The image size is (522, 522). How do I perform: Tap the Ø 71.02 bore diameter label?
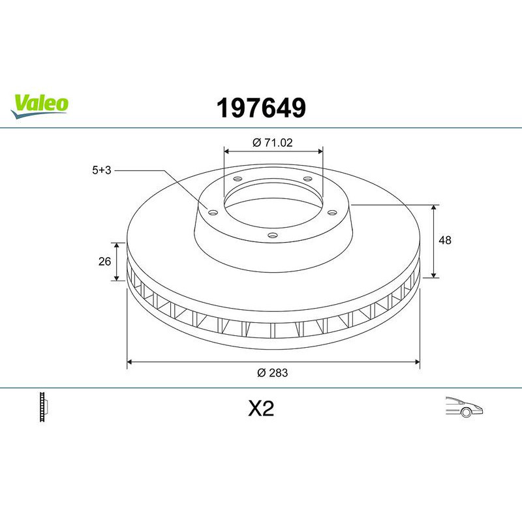[273, 142]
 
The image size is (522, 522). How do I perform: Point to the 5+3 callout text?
[102, 170]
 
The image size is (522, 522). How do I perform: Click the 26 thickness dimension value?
[104, 262]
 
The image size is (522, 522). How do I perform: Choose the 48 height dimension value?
[446, 240]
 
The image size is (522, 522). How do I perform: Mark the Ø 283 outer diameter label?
[273, 373]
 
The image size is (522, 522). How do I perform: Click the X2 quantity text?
[260, 409]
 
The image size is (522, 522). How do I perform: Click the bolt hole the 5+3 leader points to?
[213, 211]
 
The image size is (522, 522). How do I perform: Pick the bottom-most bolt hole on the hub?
[273, 236]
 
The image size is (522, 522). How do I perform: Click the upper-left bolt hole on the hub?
[237, 181]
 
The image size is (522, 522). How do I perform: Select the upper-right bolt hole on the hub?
[307, 181]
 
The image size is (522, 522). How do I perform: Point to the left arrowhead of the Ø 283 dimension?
[130, 360]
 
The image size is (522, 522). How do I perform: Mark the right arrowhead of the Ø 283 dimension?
[416, 360]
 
